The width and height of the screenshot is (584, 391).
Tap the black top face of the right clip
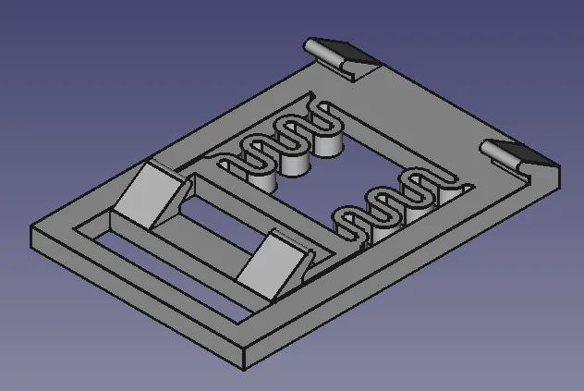(523, 153)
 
